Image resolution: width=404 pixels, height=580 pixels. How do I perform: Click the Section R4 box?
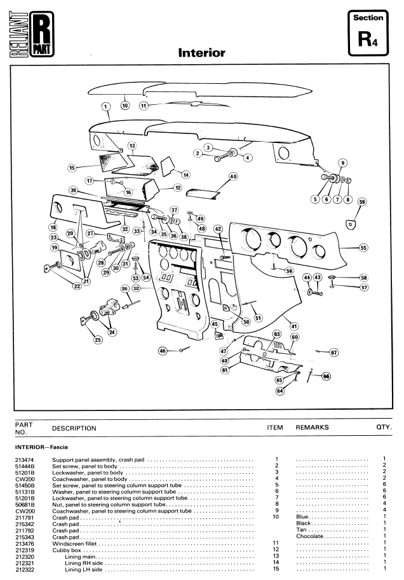pos(368,33)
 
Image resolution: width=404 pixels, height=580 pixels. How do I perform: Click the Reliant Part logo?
pos(32,34)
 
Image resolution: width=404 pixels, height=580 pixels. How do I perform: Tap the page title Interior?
pos(201,53)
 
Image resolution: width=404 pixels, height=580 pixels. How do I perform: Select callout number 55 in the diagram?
pos(363,248)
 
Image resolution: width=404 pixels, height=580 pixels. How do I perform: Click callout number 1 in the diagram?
pos(106,107)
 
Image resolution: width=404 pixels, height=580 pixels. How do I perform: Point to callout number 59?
pos(362,202)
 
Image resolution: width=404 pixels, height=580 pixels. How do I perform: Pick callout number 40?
pos(233,177)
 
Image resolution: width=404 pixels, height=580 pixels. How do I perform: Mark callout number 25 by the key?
pos(98,340)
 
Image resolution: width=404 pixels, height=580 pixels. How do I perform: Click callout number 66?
pos(326,376)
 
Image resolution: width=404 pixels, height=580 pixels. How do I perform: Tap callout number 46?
pos(163,351)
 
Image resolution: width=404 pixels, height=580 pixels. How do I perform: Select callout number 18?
pos(53,227)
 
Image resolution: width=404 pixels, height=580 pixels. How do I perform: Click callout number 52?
pos(137,288)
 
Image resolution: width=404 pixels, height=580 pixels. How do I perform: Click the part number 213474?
pos(24,460)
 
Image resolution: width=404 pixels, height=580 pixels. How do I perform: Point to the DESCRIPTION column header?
pos(74,428)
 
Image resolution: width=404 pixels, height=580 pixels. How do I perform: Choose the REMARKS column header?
pos(312,428)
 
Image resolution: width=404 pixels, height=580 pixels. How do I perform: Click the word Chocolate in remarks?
pos(309,536)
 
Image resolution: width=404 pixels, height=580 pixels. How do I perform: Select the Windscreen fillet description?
pos(74,544)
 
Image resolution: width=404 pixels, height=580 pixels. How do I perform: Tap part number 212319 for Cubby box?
pos(24,550)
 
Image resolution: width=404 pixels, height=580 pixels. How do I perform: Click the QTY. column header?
pos(384,427)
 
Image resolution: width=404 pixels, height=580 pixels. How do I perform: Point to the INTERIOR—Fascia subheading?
pos(41,447)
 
